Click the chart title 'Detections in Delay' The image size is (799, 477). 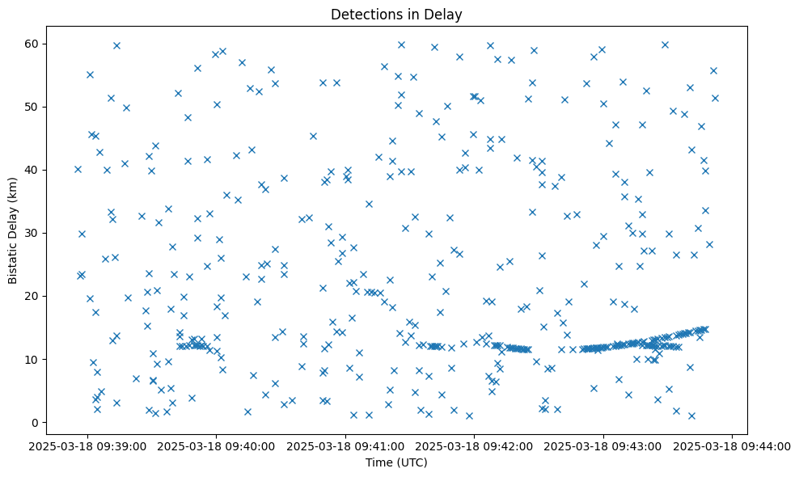tap(396, 14)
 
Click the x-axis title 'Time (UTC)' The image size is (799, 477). tap(396, 463)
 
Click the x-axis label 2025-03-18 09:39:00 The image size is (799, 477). tap(88, 445)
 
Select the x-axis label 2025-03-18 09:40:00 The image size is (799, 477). tap(217, 445)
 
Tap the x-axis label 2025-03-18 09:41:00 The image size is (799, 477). tap(346, 445)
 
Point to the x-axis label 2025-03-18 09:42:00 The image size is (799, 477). tap(475, 445)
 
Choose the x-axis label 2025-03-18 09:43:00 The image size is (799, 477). tap(604, 445)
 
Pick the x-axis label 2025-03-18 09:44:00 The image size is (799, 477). tap(733, 445)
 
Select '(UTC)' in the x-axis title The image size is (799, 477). tap(412, 463)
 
